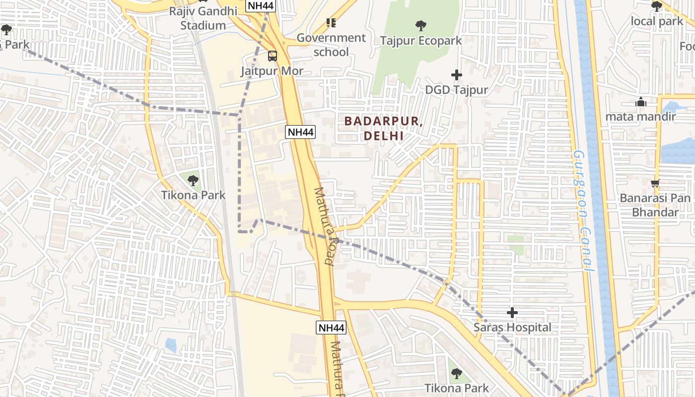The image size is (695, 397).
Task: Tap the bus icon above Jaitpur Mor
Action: tap(272, 56)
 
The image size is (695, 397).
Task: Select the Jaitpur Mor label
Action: tap(272, 71)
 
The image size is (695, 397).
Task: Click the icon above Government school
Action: tap(331, 22)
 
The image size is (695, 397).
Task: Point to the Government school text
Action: tap(331, 45)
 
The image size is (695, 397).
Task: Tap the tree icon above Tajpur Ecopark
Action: tap(420, 25)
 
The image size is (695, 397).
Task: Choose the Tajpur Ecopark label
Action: tap(420, 41)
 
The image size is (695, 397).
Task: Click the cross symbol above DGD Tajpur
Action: tap(457, 75)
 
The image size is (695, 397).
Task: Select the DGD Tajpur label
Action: tap(457, 90)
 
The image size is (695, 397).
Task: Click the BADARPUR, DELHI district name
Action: tap(383, 128)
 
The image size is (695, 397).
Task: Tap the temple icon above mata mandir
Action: tap(641, 102)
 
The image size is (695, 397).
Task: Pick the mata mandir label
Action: tap(641, 117)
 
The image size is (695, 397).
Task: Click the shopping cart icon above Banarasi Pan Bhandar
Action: tap(655, 183)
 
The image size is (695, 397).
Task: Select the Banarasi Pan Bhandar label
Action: tap(655, 205)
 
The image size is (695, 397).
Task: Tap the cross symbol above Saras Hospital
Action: tap(512, 313)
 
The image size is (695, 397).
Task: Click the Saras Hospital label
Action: tap(512, 328)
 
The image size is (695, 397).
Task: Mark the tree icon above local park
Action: tap(657, 6)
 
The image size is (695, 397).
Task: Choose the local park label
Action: tap(657, 21)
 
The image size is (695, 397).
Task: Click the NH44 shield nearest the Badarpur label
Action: tap(300, 132)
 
